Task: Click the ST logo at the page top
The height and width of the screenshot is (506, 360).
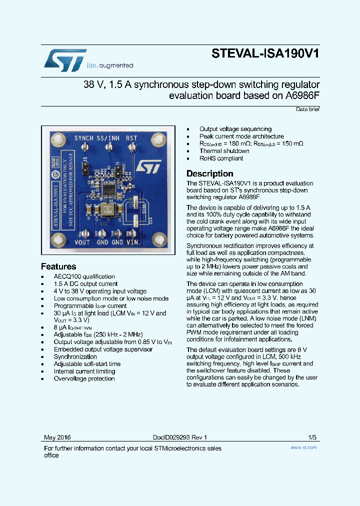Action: tap(65, 60)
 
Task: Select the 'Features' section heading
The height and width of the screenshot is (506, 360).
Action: tap(58, 266)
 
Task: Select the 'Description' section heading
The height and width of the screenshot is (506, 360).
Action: tap(209, 173)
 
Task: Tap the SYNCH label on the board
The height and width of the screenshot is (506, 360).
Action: tap(83, 138)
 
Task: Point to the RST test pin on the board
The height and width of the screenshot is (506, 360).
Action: tap(132, 146)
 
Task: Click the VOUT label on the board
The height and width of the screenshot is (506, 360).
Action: tap(82, 242)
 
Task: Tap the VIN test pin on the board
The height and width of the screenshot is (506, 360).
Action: tap(132, 233)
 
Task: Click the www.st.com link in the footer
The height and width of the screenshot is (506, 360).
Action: tap(303, 447)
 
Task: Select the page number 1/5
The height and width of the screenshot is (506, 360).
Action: tap(312, 437)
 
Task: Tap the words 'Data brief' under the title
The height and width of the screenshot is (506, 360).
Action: tap(307, 109)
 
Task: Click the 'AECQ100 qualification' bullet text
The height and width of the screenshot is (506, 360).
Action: tap(84, 276)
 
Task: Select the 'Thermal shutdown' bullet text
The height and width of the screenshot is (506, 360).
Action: tap(224, 151)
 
